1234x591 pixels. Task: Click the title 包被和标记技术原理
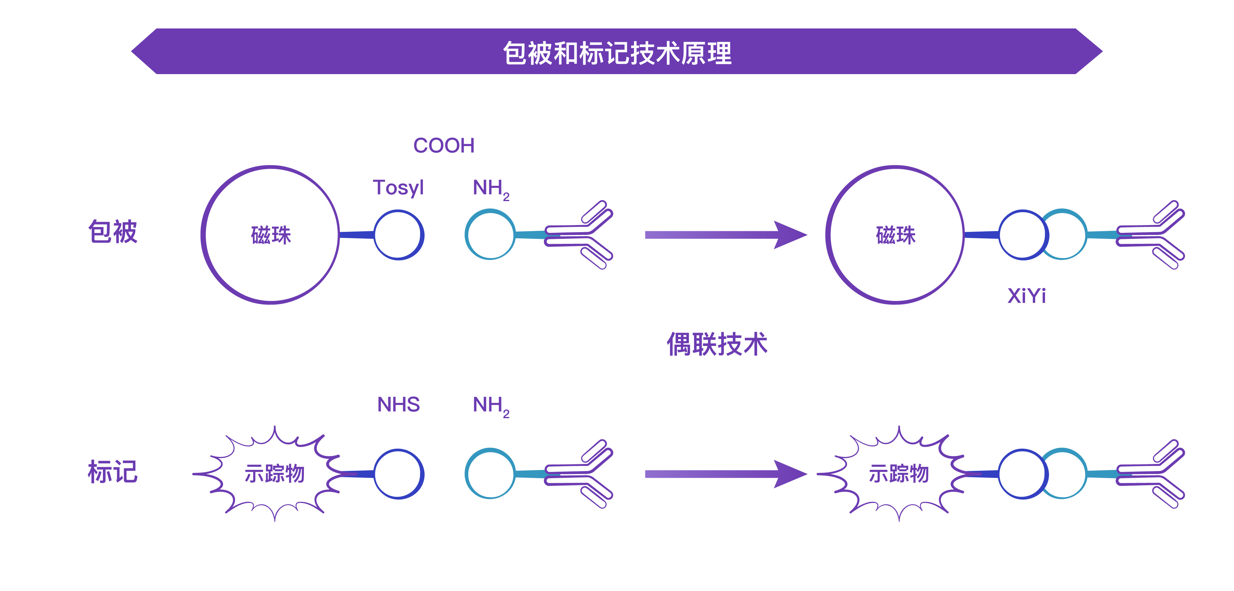[x=617, y=52]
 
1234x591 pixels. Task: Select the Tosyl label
[x=398, y=187]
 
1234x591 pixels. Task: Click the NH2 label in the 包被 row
[x=490, y=188]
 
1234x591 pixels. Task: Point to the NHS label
[x=398, y=405]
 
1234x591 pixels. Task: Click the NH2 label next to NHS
[x=490, y=406]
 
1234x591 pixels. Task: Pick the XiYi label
[x=1026, y=296]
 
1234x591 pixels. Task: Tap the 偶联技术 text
[x=717, y=344]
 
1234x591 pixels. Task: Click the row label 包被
[x=113, y=232]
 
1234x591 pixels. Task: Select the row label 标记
[x=113, y=472]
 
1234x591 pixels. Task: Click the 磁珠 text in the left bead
[x=271, y=235]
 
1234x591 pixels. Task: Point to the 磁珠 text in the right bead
[x=895, y=235]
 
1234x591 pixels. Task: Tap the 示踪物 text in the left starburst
[x=274, y=474]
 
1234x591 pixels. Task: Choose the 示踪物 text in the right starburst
[x=899, y=474]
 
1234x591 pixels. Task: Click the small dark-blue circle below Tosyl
[x=398, y=235]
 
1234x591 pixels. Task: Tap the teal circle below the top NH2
[x=489, y=234]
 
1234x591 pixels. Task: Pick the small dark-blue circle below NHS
[x=398, y=474]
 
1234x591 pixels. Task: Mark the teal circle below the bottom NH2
[x=489, y=474]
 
